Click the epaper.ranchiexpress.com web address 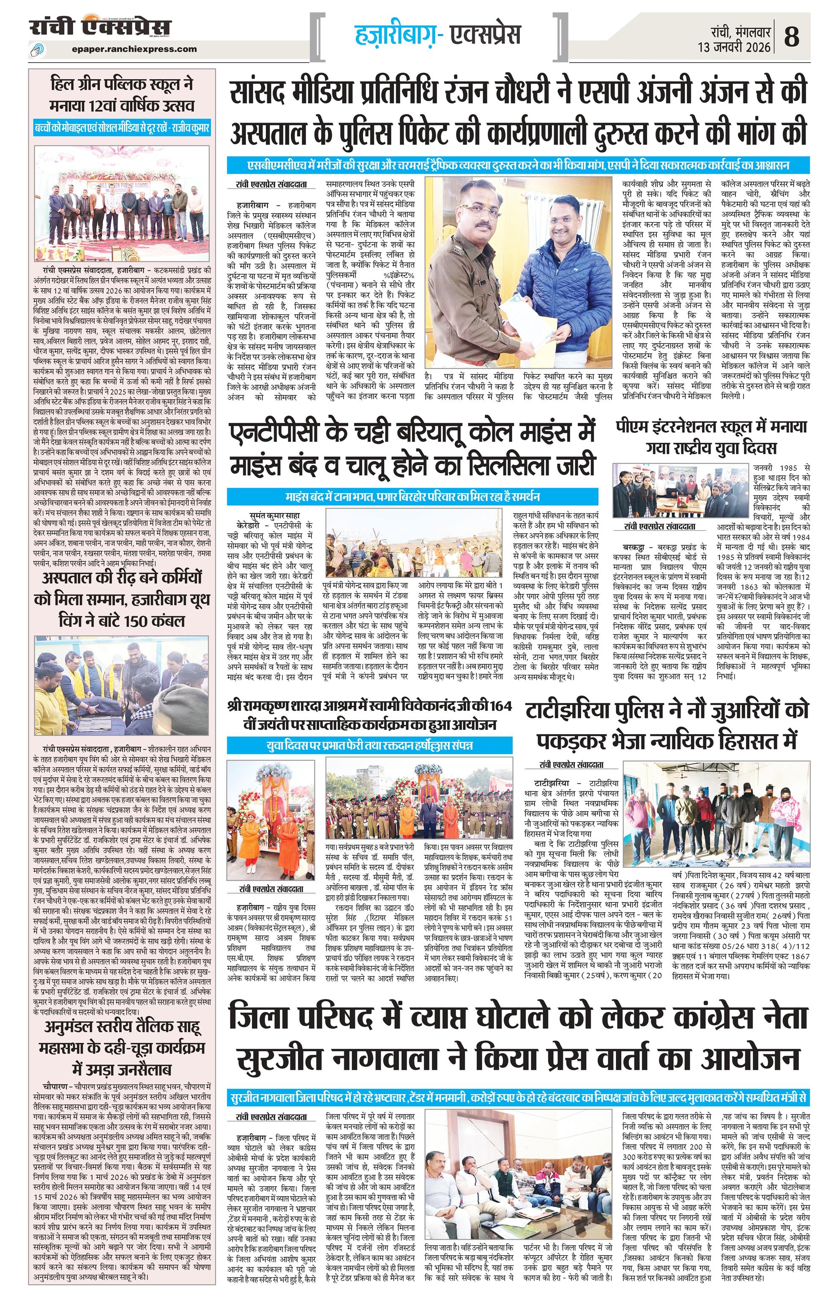tap(134, 49)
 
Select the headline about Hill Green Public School tap(121, 94)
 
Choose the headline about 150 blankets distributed tap(121, 600)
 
